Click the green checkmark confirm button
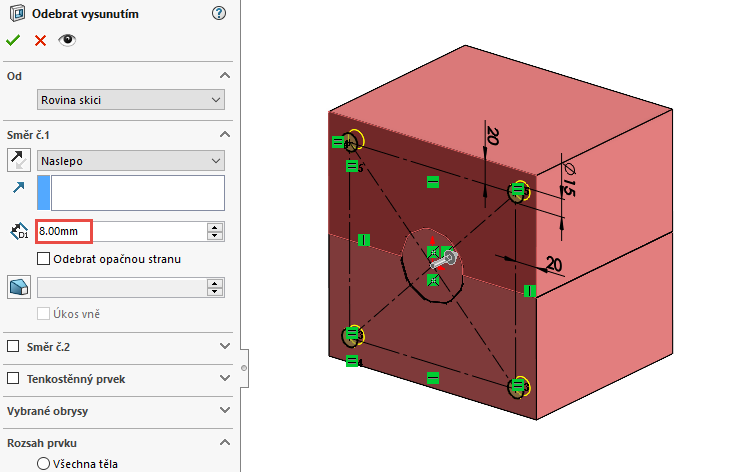click(x=13, y=40)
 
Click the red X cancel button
click(x=40, y=40)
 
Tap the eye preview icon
click(x=67, y=40)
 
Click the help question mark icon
click(x=220, y=13)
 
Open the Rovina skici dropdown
click(x=130, y=99)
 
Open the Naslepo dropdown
click(x=130, y=160)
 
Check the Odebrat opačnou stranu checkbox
click(x=43, y=259)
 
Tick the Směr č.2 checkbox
click(x=13, y=346)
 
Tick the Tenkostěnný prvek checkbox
click(x=13, y=379)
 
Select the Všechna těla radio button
click(x=43, y=464)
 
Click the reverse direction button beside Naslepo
click(x=19, y=160)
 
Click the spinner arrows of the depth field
click(x=215, y=231)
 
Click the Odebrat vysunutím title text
click(x=85, y=13)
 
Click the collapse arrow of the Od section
click(x=225, y=75)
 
